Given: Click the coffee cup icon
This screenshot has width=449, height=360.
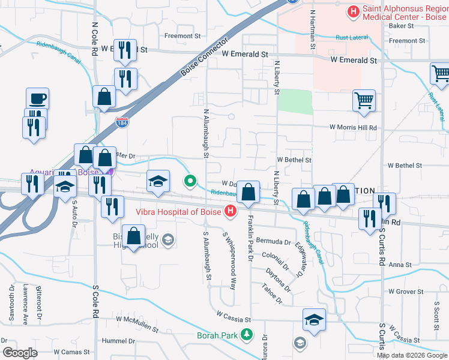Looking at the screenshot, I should click(37, 98).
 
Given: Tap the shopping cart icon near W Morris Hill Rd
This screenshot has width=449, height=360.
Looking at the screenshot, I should click(364, 101).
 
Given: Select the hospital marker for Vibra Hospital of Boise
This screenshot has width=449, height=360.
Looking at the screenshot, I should click(229, 211).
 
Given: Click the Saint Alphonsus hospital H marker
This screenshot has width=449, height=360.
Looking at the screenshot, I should click(353, 11).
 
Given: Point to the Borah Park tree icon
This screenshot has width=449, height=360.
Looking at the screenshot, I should click(246, 335).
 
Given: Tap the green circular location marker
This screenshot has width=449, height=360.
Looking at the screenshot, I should click(191, 180).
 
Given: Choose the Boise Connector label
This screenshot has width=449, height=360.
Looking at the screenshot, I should click(205, 60).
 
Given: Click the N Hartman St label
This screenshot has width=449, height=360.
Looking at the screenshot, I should click(313, 29).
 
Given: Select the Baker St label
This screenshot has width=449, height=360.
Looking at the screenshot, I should click(402, 26).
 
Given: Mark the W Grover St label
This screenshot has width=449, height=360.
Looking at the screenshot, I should click(406, 292).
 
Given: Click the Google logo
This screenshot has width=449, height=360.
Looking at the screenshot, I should click(20, 353).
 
